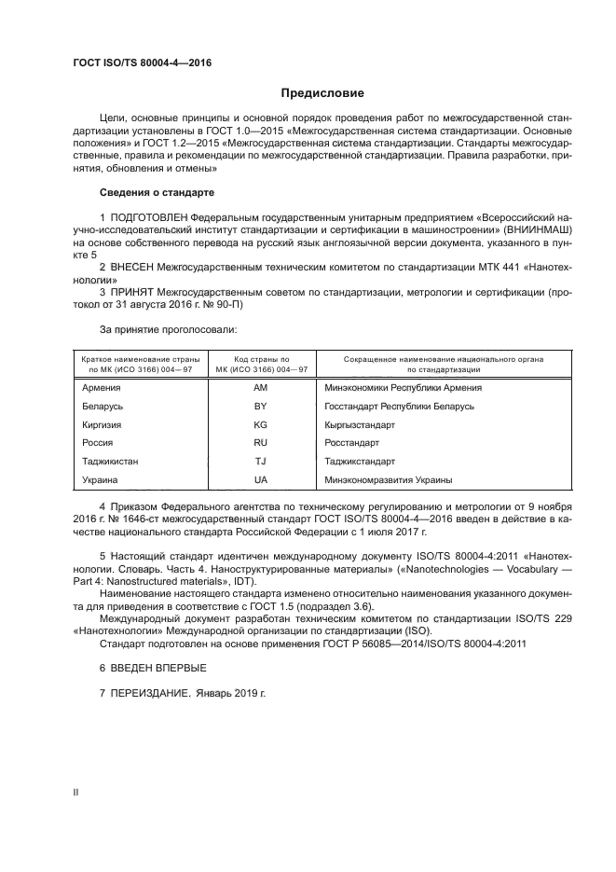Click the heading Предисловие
(322, 93)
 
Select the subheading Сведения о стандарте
(157, 192)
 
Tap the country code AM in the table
(260, 389)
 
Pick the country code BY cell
(260, 407)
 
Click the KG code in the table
(260, 425)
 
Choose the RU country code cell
(260, 443)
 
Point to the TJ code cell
(260, 462)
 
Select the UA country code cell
(260, 479)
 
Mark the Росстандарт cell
(352, 443)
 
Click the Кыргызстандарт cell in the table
(360, 425)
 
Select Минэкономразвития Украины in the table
(389, 479)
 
